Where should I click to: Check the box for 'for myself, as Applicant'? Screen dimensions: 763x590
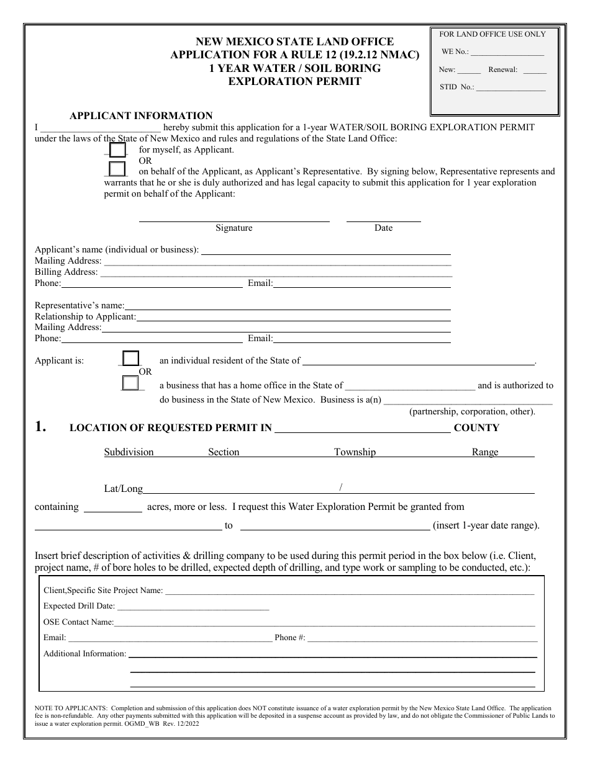pyautogui.click(x=117, y=149)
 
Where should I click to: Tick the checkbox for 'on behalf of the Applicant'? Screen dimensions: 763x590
pyautogui.click(x=117, y=169)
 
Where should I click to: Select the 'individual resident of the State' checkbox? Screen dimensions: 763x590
pyautogui.click(x=131, y=359)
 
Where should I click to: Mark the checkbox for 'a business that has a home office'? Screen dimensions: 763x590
pyautogui.click(x=130, y=383)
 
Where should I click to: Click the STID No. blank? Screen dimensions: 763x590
pyautogui.click(x=511, y=87)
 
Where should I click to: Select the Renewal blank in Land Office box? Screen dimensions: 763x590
pyautogui.click(x=534, y=70)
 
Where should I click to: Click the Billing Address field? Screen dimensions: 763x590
pyautogui.click(x=276, y=272)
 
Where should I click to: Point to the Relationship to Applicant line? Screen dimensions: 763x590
pyautogui.click(x=293, y=316)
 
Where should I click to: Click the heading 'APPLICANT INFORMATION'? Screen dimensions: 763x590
pyautogui.click(x=141, y=115)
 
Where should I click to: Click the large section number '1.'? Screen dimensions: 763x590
pyautogui.click(x=40, y=427)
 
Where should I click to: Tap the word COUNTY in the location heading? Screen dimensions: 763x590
pyautogui.click(x=476, y=427)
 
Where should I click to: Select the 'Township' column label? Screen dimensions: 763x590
pyautogui.click(x=355, y=452)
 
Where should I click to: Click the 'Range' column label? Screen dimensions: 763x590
pyautogui.click(x=485, y=452)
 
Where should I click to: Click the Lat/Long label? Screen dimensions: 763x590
pyautogui.click(x=123, y=488)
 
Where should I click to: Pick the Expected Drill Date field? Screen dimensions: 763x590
pyautogui.click(x=193, y=606)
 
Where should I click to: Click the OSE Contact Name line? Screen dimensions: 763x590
pyautogui.click(x=324, y=622)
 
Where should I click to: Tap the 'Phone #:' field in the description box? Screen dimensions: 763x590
pyautogui.click(x=422, y=637)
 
